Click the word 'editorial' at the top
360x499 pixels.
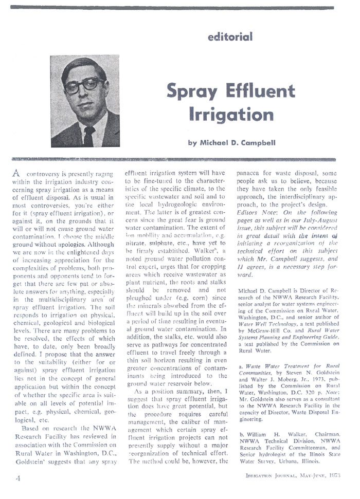230,36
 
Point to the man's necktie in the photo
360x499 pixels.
88,135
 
